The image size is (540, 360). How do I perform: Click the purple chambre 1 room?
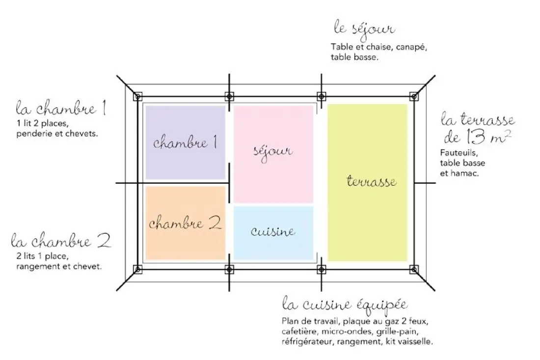click(x=185, y=142)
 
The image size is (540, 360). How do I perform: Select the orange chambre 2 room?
click(x=185, y=223)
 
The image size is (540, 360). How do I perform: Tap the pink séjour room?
click(x=273, y=154)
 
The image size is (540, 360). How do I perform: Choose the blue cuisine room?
click(x=273, y=233)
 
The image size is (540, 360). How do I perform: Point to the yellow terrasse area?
click(x=368, y=183)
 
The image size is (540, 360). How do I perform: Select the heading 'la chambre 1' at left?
click(x=61, y=108)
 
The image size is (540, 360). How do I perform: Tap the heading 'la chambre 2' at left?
click(x=61, y=240)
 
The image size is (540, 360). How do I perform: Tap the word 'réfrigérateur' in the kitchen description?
click(x=307, y=342)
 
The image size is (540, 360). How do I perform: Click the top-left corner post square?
click(x=137, y=96)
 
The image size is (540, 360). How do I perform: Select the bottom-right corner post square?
click(x=414, y=269)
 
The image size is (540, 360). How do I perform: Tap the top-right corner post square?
click(x=414, y=96)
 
